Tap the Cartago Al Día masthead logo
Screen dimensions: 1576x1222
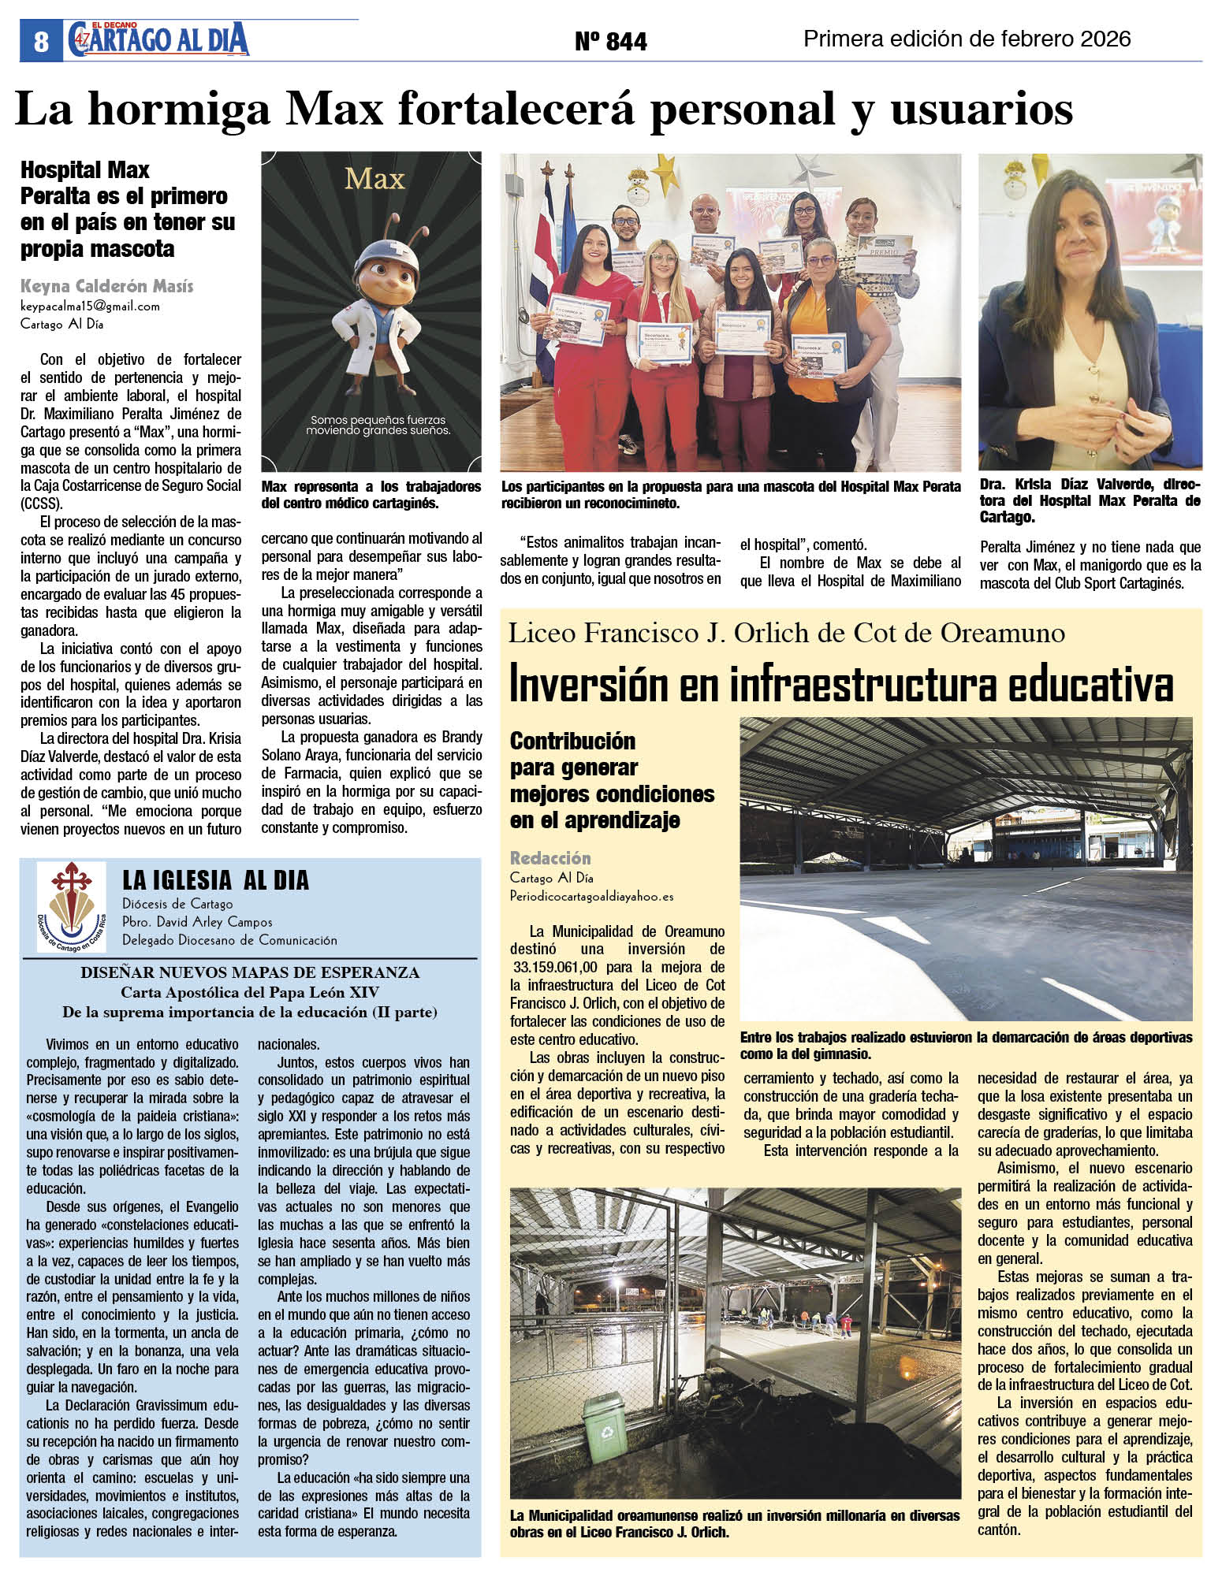click(158, 39)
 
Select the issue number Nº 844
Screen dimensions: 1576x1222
click(610, 41)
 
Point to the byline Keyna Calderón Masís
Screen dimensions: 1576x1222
click(106, 286)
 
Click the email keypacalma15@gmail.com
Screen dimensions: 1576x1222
click(90, 306)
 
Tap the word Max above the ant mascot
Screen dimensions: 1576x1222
click(374, 180)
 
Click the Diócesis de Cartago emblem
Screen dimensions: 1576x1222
click(71, 907)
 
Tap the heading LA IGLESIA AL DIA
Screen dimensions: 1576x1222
click(215, 880)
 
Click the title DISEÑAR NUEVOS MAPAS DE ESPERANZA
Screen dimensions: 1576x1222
click(250, 972)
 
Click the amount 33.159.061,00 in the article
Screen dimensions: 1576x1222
click(555, 967)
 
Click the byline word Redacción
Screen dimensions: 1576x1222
click(550, 858)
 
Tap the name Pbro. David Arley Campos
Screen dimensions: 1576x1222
click(197, 921)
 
